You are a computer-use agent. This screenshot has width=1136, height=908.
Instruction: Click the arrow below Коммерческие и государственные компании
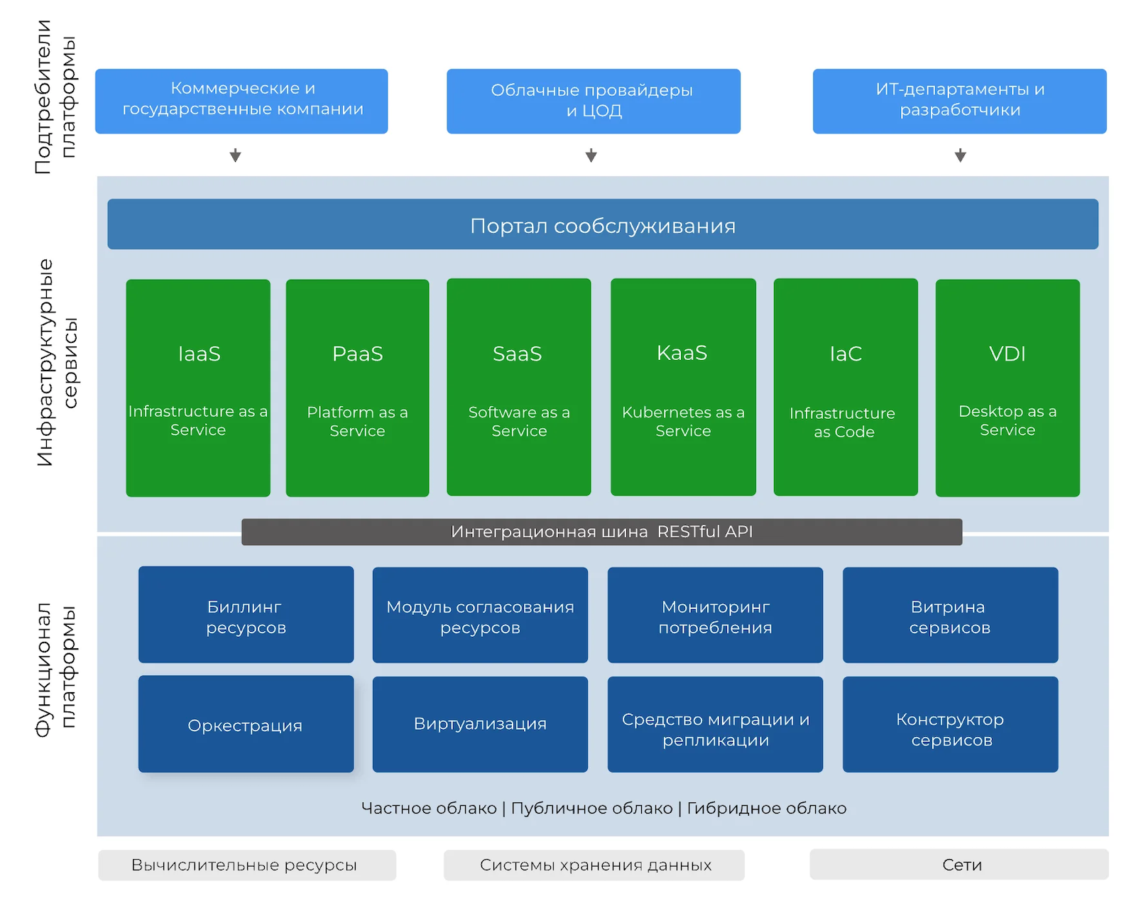click(235, 155)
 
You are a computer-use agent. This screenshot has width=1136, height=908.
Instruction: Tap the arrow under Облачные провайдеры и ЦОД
click(591, 155)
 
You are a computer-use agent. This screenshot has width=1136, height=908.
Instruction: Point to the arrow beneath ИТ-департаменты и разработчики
click(960, 155)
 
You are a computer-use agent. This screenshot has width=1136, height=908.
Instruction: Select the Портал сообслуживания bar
click(603, 224)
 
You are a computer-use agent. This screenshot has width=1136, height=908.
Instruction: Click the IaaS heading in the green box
click(199, 354)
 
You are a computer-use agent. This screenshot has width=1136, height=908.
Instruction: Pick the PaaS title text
click(357, 354)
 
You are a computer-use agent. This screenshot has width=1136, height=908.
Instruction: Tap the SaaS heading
click(518, 354)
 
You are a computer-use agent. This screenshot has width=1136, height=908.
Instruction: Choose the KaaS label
click(682, 353)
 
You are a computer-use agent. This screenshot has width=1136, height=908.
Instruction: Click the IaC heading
click(845, 354)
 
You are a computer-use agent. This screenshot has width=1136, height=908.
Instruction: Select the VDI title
click(1007, 354)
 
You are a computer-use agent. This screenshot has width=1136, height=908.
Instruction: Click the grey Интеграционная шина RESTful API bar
click(601, 532)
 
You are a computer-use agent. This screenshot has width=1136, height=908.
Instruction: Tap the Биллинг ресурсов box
click(246, 615)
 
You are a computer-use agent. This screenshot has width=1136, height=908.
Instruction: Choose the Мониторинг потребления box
click(715, 615)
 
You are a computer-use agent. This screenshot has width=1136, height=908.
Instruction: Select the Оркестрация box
click(246, 724)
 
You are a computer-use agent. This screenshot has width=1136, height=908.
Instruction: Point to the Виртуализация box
click(480, 724)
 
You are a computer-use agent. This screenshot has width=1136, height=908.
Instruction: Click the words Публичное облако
click(591, 808)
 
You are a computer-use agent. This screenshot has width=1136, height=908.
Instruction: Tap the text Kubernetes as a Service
click(683, 421)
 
